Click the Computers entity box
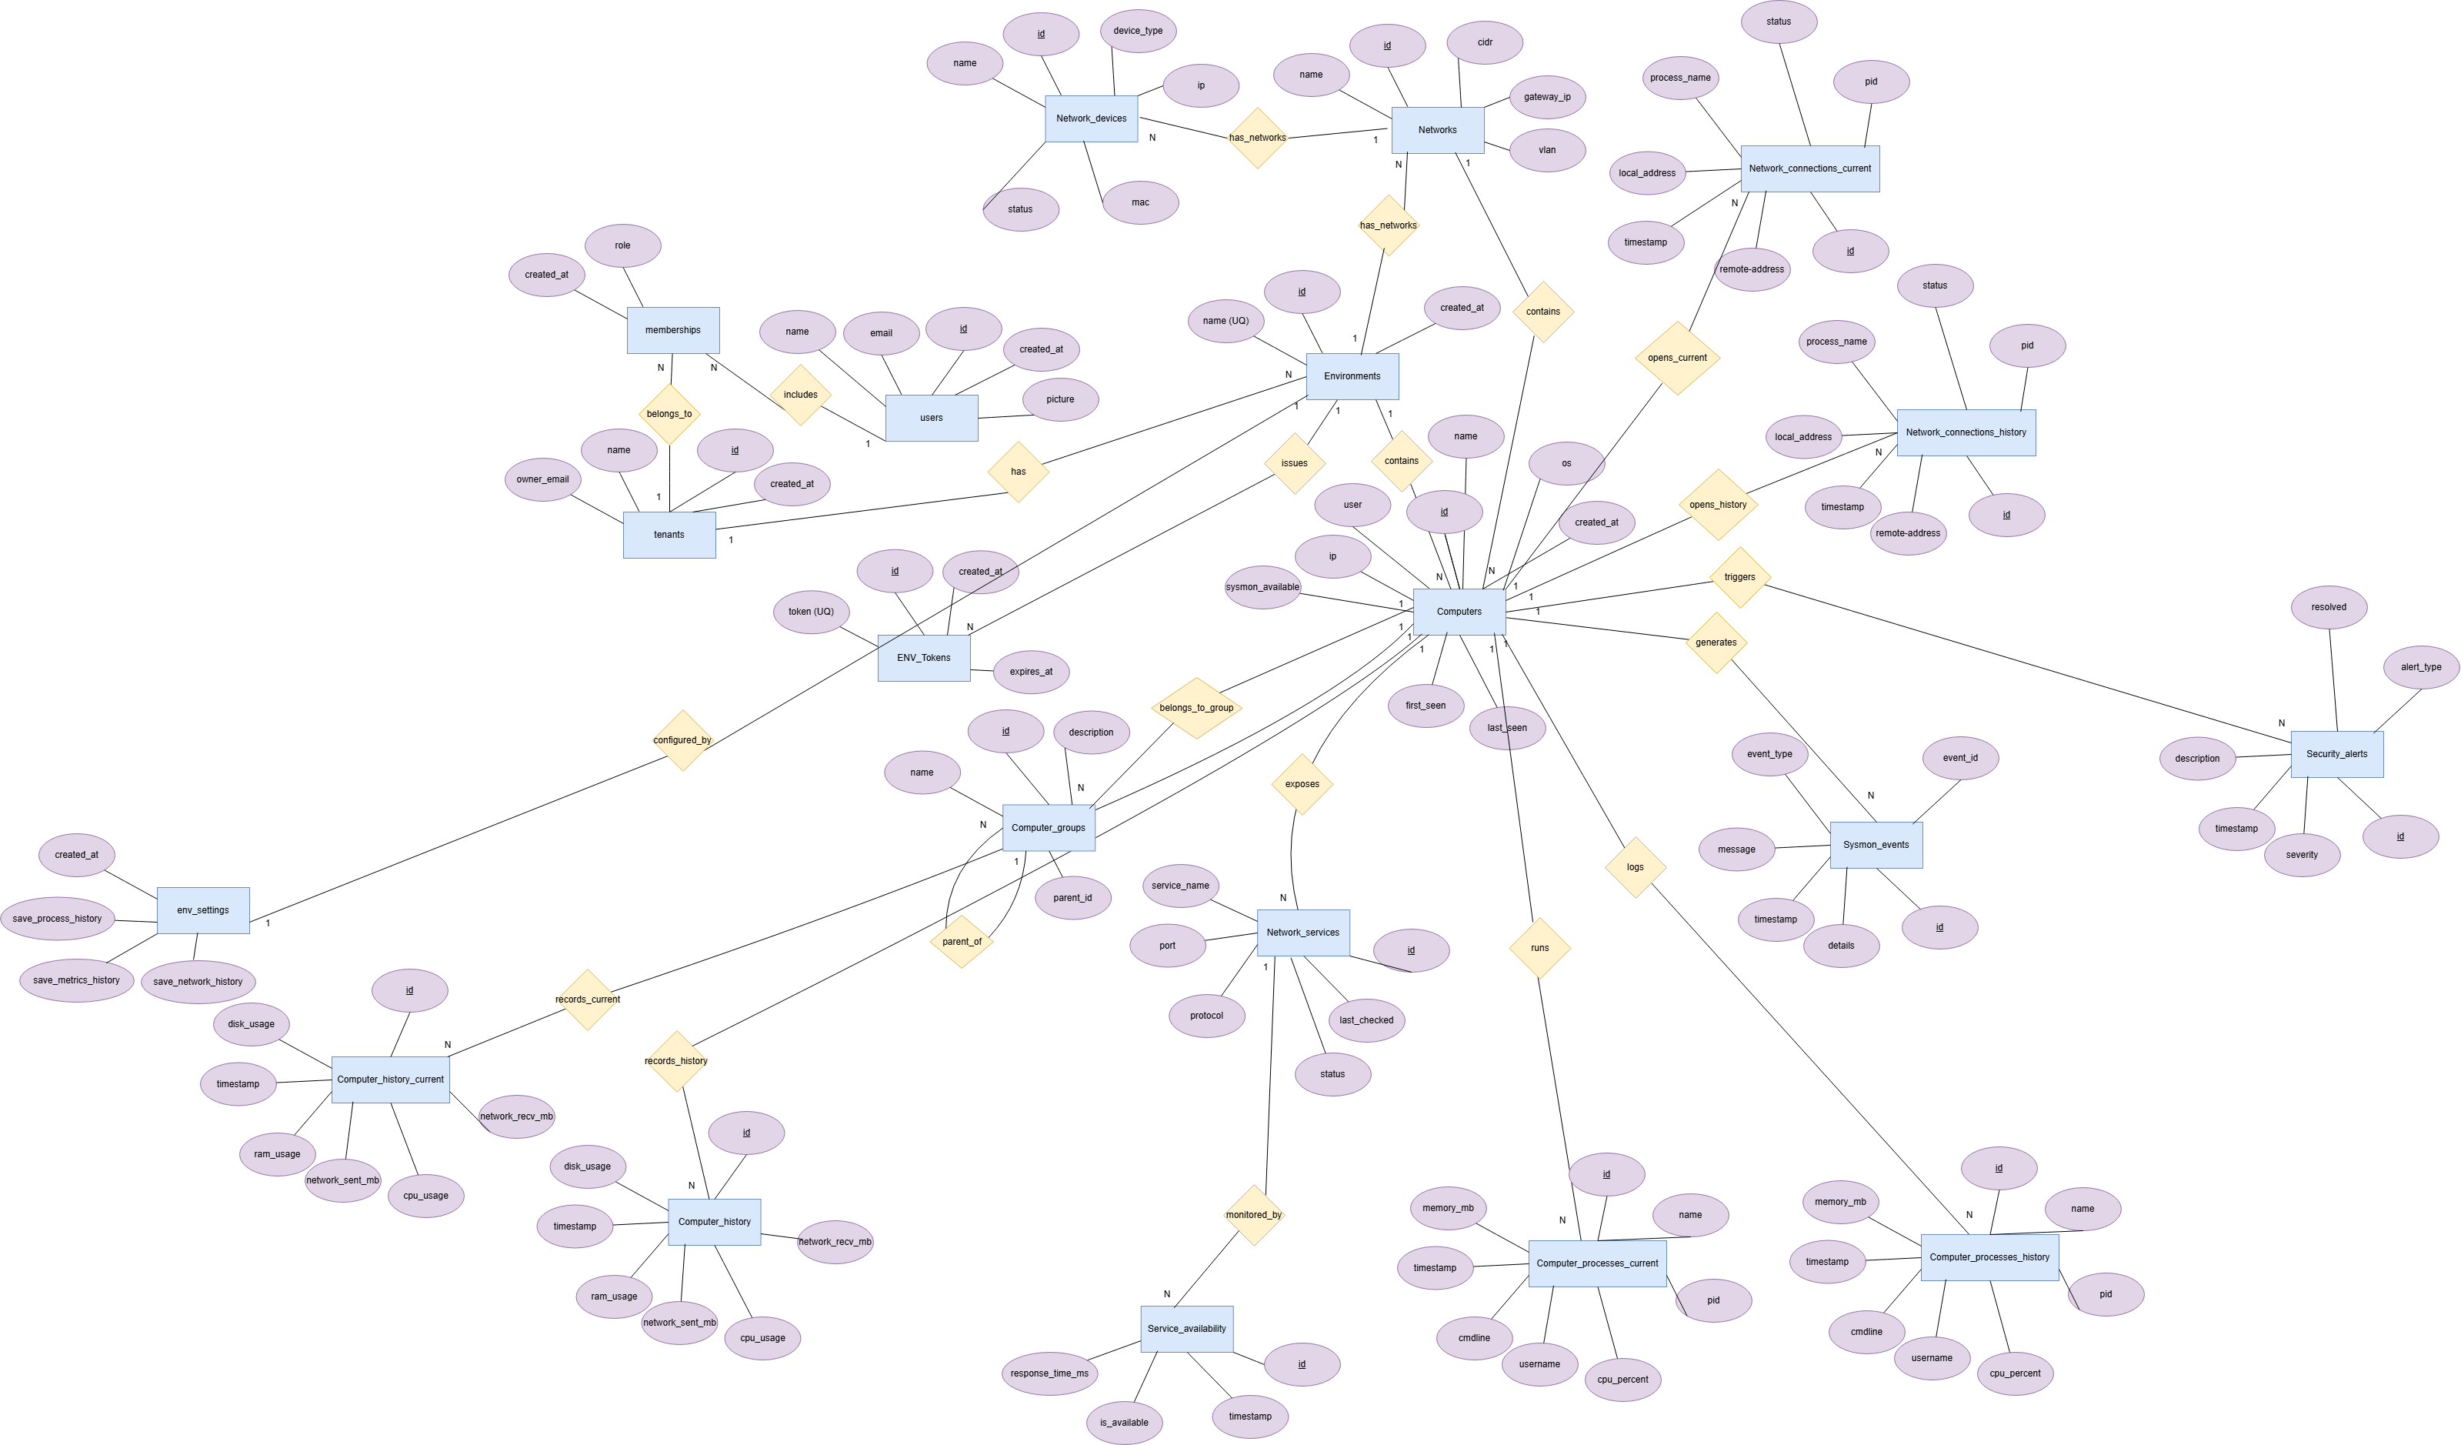(x=1459, y=612)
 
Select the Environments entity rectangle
(x=1352, y=376)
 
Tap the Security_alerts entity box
(x=2337, y=754)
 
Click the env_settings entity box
(x=203, y=910)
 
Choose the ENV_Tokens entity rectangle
(x=924, y=659)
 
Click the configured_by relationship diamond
(x=682, y=740)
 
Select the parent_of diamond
(x=962, y=942)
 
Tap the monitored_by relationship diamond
(x=1254, y=1216)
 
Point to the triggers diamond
(x=1740, y=577)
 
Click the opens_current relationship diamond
(x=1678, y=358)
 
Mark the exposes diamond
(x=1302, y=785)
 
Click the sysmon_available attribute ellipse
(x=1262, y=587)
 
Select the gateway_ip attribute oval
(x=1548, y=97)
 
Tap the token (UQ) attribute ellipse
(x=812, y=612)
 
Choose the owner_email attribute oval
(x=543, y=479)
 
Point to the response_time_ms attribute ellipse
(x=1050, y=1373)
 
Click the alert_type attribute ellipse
(x=2421, y=667)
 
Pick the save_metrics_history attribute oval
(x=77, y=981)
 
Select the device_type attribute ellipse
(x=1138, y=30)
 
